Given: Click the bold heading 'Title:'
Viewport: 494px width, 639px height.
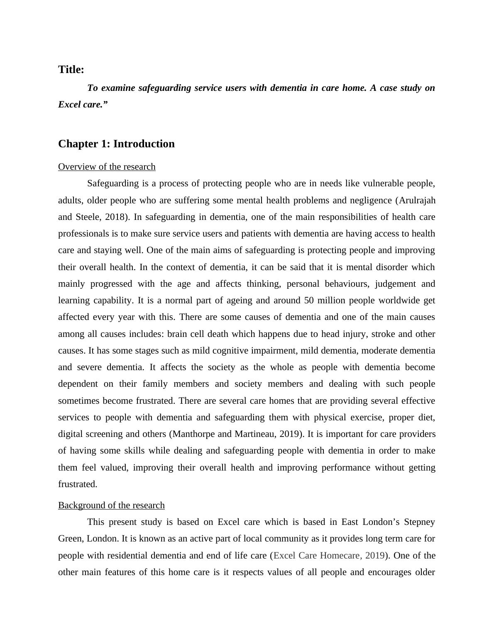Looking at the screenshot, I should click(71, 70).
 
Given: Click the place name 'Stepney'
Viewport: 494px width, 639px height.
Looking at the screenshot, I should click(419, 522).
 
